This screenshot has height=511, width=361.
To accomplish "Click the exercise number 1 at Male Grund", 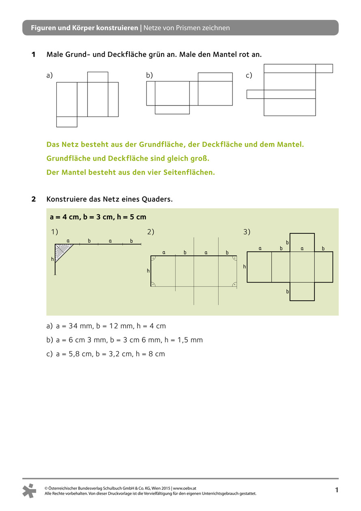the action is point(34,54).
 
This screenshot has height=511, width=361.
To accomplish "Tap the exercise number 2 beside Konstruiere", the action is point(34,199).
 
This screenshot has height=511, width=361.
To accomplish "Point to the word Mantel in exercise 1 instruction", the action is point(225,54).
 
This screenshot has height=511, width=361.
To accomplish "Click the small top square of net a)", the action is point(98,77).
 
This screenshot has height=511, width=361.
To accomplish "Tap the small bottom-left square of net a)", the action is point(67,122).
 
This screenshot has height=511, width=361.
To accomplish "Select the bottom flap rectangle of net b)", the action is point(172,110).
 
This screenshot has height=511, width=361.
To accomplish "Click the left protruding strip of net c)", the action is point(255,94).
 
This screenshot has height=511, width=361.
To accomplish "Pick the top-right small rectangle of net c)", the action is point(324,69).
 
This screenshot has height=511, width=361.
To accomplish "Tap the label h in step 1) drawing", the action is point(52,259).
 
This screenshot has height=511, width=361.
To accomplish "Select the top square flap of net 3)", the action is point(302,242).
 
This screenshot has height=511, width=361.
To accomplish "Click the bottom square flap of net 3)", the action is point(302,291).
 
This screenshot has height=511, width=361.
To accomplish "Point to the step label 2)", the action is point(151,232).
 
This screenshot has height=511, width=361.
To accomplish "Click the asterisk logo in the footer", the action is point(30,491).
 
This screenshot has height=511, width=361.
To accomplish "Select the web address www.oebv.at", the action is point(184,488).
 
